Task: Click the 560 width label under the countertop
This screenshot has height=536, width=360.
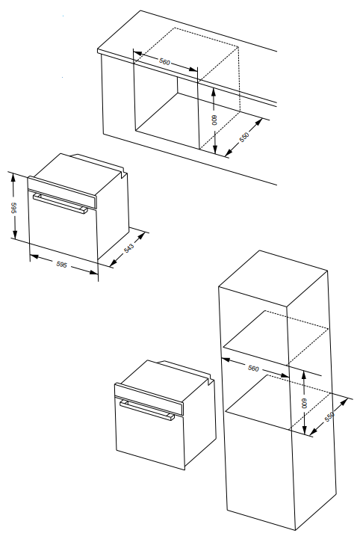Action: click(x=164, y=61)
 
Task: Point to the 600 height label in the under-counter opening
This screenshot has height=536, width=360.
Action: click(x=214, y=120)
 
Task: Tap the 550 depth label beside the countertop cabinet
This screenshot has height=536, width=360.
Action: click(x=244, y=137)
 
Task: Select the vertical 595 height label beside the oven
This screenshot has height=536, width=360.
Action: click(x=13, y=209)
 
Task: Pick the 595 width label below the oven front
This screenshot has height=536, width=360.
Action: click(x=62, y=264)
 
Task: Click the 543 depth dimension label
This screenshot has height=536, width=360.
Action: click(x=128, y=248)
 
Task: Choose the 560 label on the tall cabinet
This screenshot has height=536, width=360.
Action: click(x=253, y=368)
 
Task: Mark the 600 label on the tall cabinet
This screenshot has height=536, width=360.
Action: click(x=304, y=404)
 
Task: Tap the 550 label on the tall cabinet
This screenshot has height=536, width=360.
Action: click(x=329, y=416)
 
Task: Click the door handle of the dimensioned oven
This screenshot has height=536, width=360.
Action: click(x=60, y=204)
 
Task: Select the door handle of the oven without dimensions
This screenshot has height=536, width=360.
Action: click(x=147, y=410)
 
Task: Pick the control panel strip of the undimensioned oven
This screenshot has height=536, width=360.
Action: click(x=149, y=399)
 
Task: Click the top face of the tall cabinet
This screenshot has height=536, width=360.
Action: click(x=273, y=279)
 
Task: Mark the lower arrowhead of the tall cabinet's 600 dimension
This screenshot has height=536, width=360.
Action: click(x=305, y=430)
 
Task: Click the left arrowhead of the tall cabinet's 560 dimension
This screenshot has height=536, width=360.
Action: click(x=226, y=360)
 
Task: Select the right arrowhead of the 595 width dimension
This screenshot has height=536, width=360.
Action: click(x=94, y=272)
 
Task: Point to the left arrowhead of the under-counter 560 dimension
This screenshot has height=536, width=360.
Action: click(x=137, y=54)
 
